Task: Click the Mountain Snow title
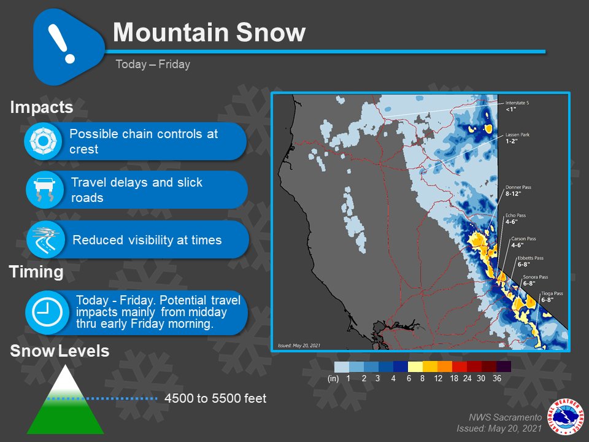(209, 33)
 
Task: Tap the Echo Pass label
(515, 219)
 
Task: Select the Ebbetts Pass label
(530, 261)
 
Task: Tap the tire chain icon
(43, 141)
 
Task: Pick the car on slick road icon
(43, 190)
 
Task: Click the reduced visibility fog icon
(43, 239)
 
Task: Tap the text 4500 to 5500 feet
(215, 399)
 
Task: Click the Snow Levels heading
(60, 352)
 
